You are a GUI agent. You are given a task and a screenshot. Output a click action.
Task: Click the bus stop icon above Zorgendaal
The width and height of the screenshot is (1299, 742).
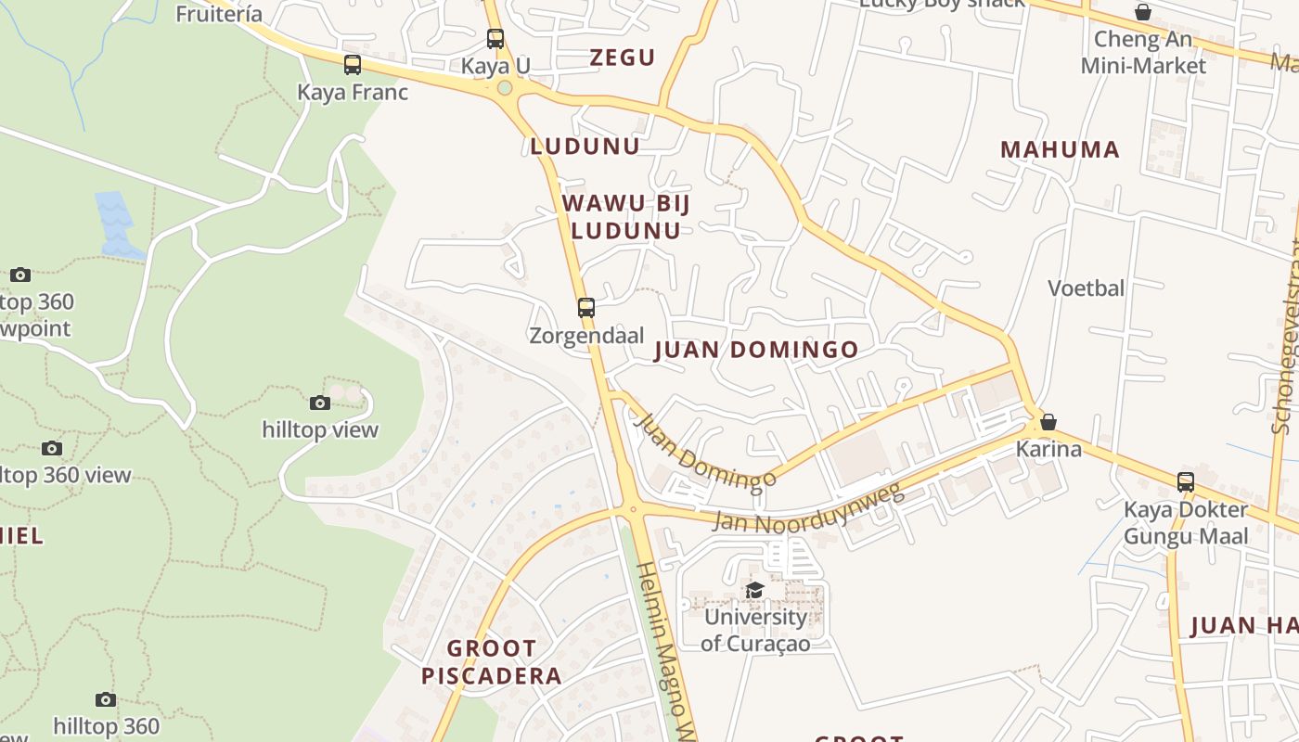click(585, 307)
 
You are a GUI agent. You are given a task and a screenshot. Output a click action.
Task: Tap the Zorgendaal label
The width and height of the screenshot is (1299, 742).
click(586, 335)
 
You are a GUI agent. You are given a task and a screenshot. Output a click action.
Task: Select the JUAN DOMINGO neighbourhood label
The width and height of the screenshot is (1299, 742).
click(756, 350)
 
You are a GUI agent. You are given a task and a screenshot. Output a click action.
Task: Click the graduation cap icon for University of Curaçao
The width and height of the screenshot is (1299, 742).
click(755, 590)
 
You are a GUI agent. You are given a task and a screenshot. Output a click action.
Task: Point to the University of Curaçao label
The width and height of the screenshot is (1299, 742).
click(755, 630)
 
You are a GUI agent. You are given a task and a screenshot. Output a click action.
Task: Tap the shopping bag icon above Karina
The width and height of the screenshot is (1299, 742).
click(1048, 422)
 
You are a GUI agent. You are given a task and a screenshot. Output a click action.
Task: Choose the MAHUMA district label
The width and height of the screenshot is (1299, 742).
click(1060, 149)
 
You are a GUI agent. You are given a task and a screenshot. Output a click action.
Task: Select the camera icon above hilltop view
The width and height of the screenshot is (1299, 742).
click(320, 403)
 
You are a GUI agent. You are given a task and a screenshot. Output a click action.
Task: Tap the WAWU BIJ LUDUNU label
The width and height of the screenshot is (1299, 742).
click(626, 216)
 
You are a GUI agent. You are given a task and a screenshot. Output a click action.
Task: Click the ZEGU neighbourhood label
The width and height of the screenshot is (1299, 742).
click(623, 58)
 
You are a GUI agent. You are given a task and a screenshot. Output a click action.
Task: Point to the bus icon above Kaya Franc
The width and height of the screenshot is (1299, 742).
click(353, 65)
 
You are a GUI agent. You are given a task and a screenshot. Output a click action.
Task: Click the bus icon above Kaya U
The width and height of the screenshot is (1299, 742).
click(495, 39)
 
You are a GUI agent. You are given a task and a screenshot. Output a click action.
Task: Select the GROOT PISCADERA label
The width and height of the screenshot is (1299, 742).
click(492, 661)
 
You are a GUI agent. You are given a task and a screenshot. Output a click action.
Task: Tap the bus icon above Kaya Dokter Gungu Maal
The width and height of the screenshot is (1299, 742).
click(1186, 482)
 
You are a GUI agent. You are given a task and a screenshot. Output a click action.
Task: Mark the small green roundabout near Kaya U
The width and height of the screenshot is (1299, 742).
click(505, 88)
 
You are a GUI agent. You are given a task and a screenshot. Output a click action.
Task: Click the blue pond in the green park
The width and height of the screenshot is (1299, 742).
click(116, 223)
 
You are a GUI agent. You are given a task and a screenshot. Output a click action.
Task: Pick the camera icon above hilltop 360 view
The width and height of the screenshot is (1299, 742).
click(52, 448)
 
